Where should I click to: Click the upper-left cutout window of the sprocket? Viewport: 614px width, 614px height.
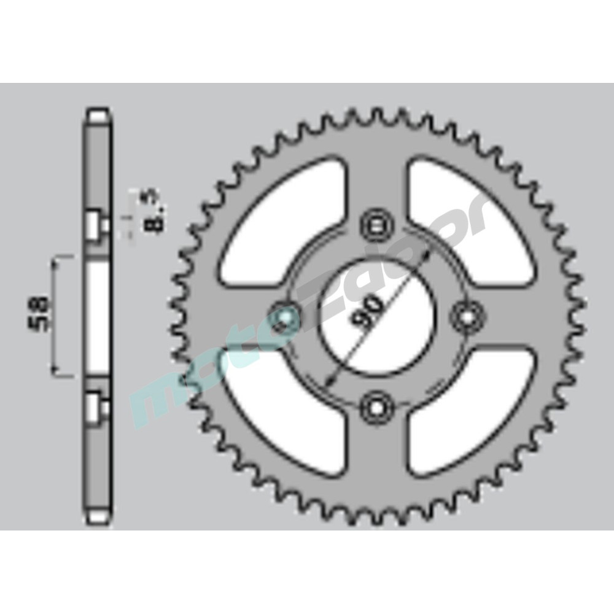pyautogui.click(x=282, y=221)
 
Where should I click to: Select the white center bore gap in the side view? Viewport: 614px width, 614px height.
pyautogui.click(x=97, y=316)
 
